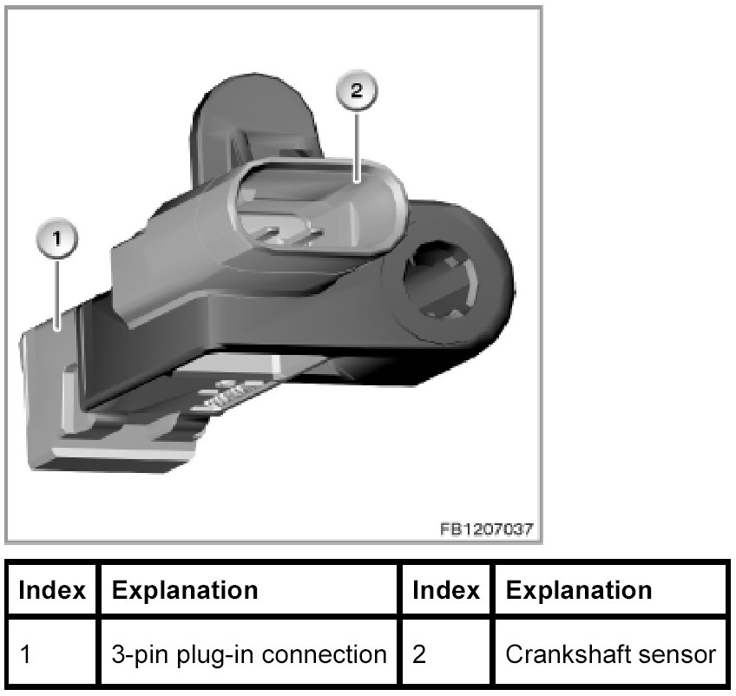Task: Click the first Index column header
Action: click(x=52, y=591)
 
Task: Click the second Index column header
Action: click(x=445, y=591)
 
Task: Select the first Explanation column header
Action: click(x=186, y=591)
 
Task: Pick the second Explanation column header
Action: click(x=578, y=591)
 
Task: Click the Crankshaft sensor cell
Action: click(x=611, y=653)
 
